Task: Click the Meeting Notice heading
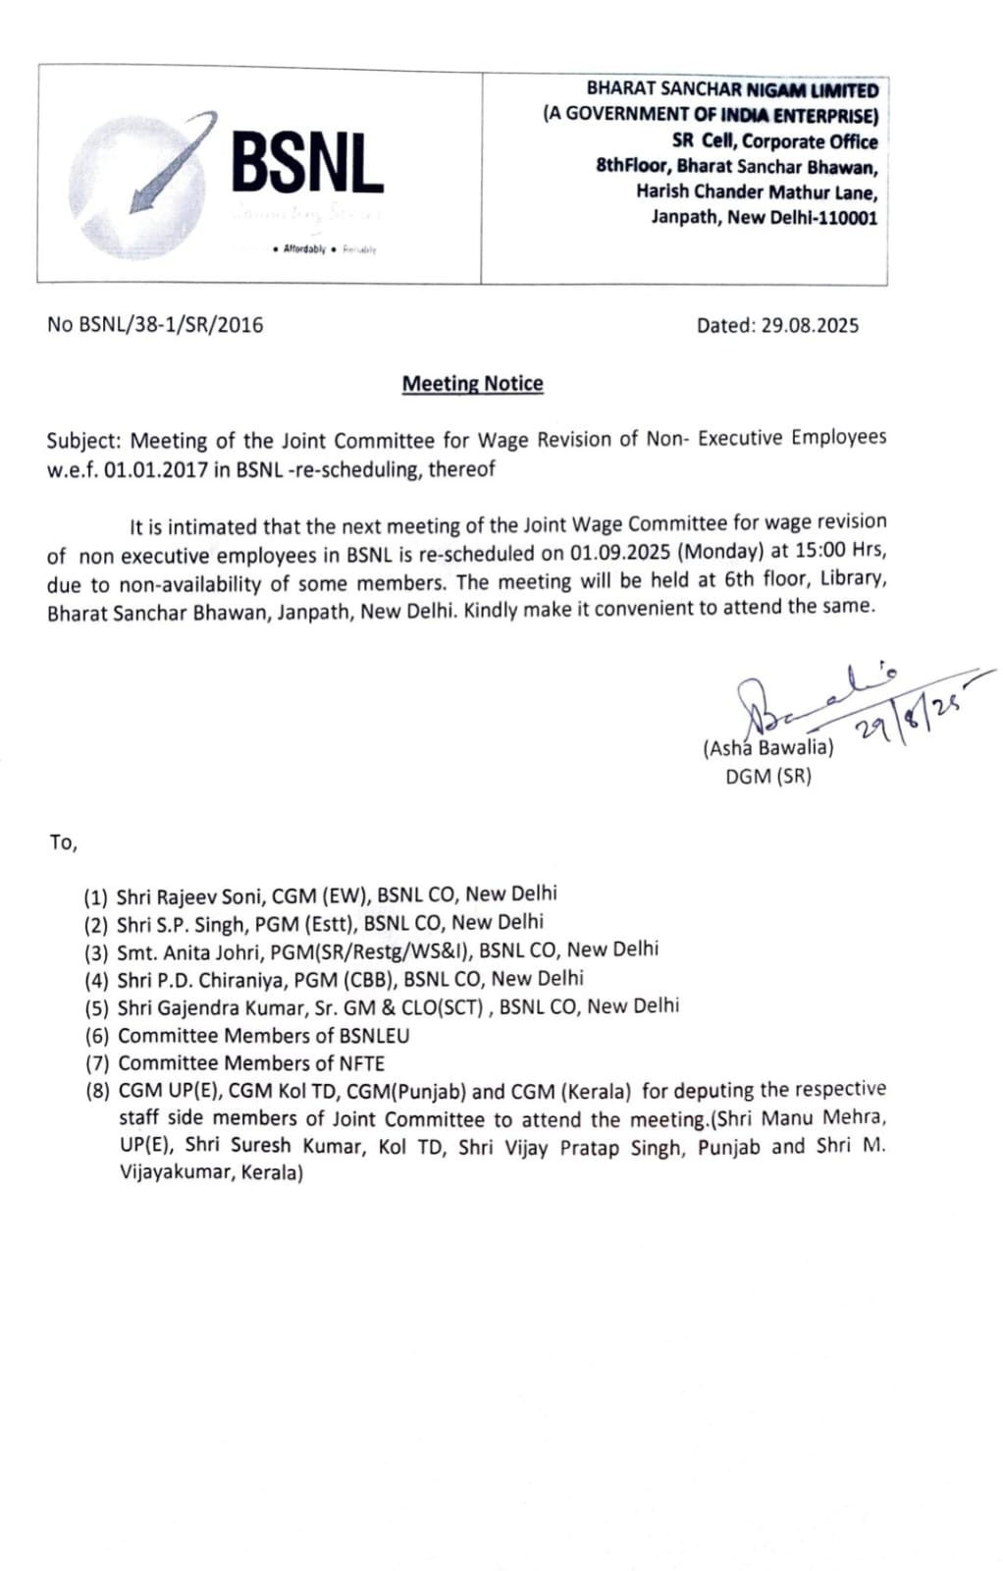point(472,384)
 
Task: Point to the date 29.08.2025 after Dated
point(809,325)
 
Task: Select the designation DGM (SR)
point(768,777)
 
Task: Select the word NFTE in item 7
point(361,1062)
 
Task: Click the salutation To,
point(63,841)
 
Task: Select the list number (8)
point(96,1090)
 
